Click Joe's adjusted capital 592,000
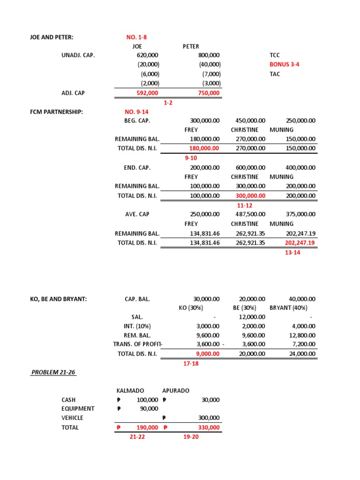point(147,93)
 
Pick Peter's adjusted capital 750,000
point(209,93)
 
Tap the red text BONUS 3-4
point(284,64)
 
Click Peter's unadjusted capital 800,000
point(209,55)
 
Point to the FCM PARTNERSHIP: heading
point(56,112)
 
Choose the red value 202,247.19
point(300,242)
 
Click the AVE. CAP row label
point(137,214)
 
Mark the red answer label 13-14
point(292,252)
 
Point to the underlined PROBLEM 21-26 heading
point(53,372)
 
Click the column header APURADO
point(176,390)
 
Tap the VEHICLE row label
point(72,418)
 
